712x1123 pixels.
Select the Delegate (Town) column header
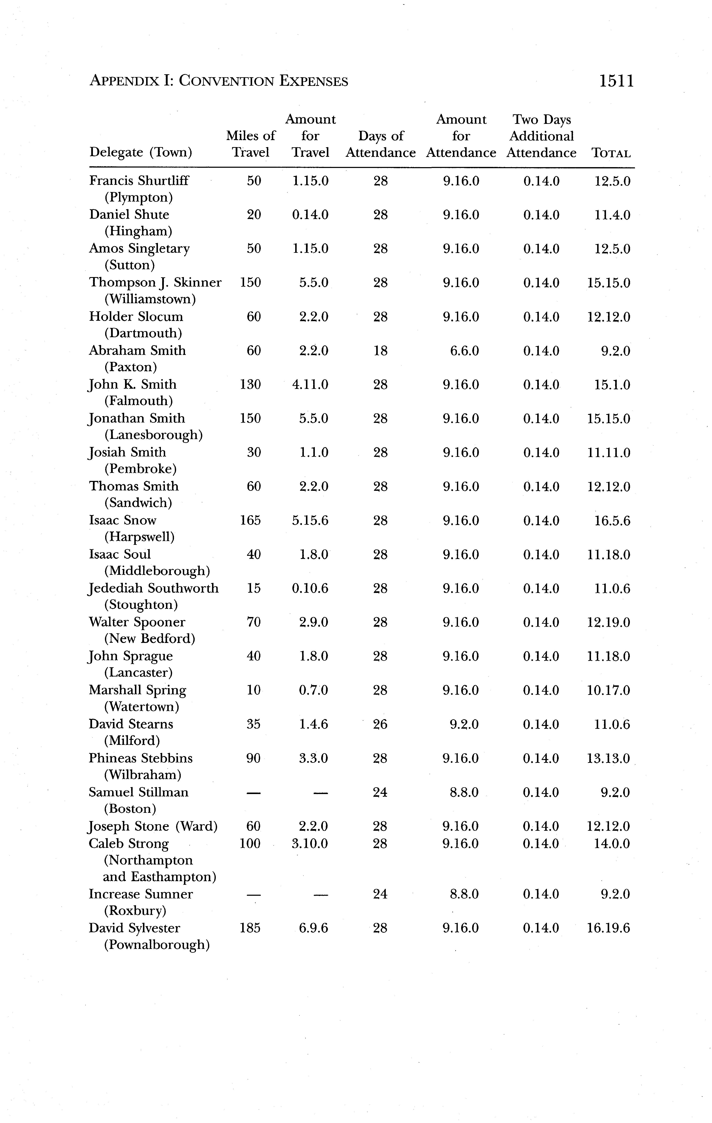point(140,153)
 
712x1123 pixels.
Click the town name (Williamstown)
point(150,299)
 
